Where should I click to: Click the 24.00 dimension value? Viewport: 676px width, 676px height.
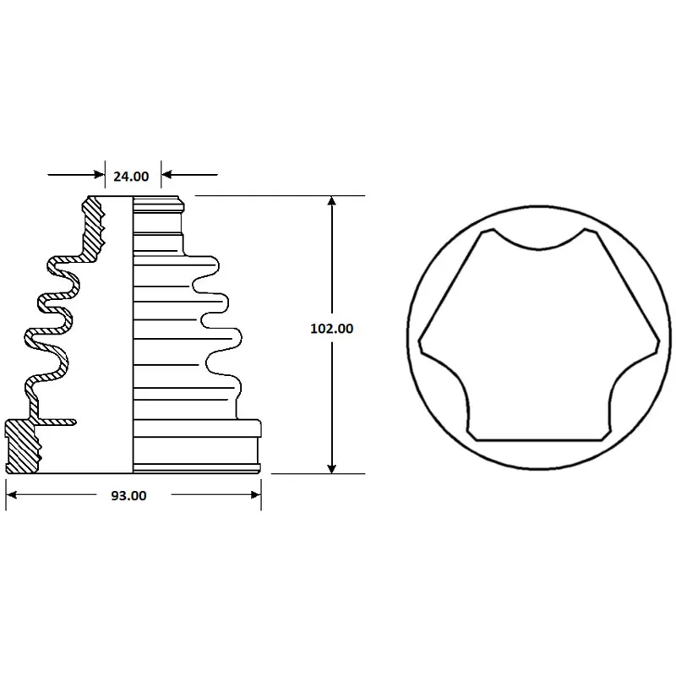click(131, 177)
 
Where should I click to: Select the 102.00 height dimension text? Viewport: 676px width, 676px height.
click(331, 329)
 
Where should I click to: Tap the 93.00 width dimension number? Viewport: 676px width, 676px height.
click(128, 496)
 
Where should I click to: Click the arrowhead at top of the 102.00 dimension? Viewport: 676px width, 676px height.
click(331, 201)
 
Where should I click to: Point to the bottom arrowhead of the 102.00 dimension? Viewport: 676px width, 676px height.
click(331, 469)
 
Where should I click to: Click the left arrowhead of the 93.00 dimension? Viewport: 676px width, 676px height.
click(12, 494)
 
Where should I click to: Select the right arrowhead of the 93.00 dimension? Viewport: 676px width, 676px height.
click(256, 494)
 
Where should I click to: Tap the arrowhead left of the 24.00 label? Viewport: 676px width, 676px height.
click(100, 175)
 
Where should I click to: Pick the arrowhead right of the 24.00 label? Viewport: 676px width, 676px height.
click(166, 175)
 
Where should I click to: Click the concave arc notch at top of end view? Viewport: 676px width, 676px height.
click(539, 248)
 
